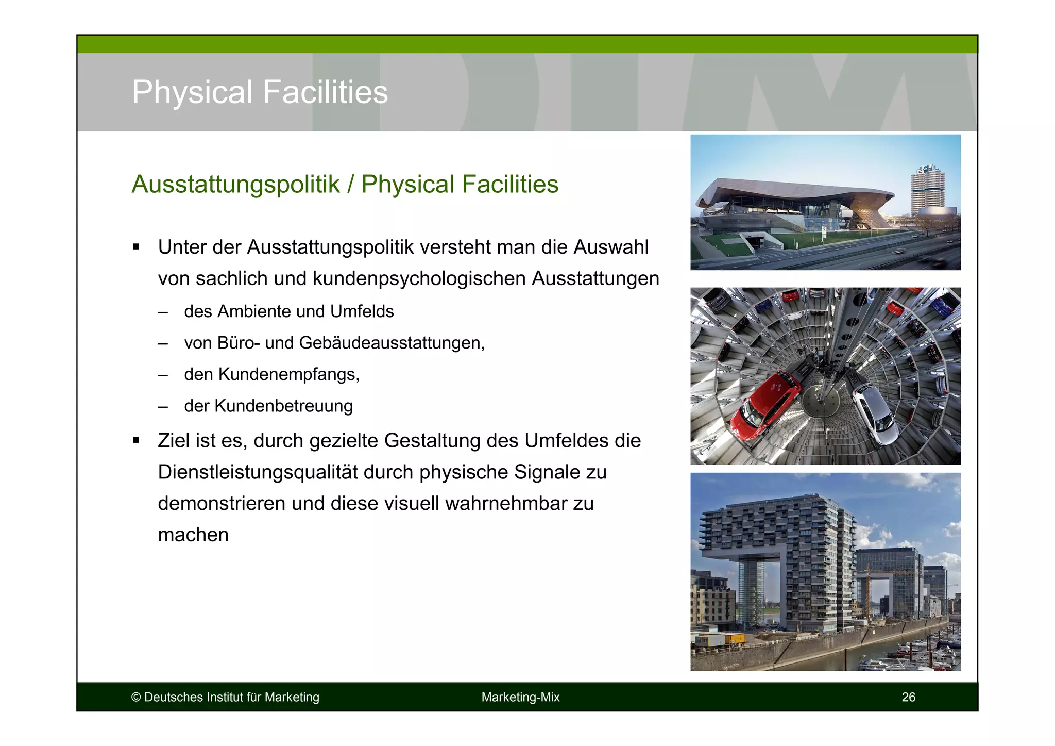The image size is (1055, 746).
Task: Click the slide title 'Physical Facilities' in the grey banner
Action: (x=260, y=92)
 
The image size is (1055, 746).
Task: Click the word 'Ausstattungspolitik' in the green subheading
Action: (x=236, y=185)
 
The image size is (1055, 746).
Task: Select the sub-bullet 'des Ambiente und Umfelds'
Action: (x=288, y=311)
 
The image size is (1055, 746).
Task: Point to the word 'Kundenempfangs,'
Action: (x=288, y=374)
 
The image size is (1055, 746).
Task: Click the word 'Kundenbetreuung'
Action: (x=283, y=406)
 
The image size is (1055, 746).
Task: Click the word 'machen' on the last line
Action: (x=193, y=535)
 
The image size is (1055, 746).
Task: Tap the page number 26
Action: (x=908, y=697)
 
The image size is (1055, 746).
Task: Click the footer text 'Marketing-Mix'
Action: (x=520, y=697)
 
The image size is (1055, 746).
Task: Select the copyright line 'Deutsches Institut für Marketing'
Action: (x=231, y=697)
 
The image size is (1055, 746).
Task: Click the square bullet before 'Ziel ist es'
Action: (x=136, y=440)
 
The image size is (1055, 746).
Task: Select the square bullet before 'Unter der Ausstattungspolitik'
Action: (x=136, y=247)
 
